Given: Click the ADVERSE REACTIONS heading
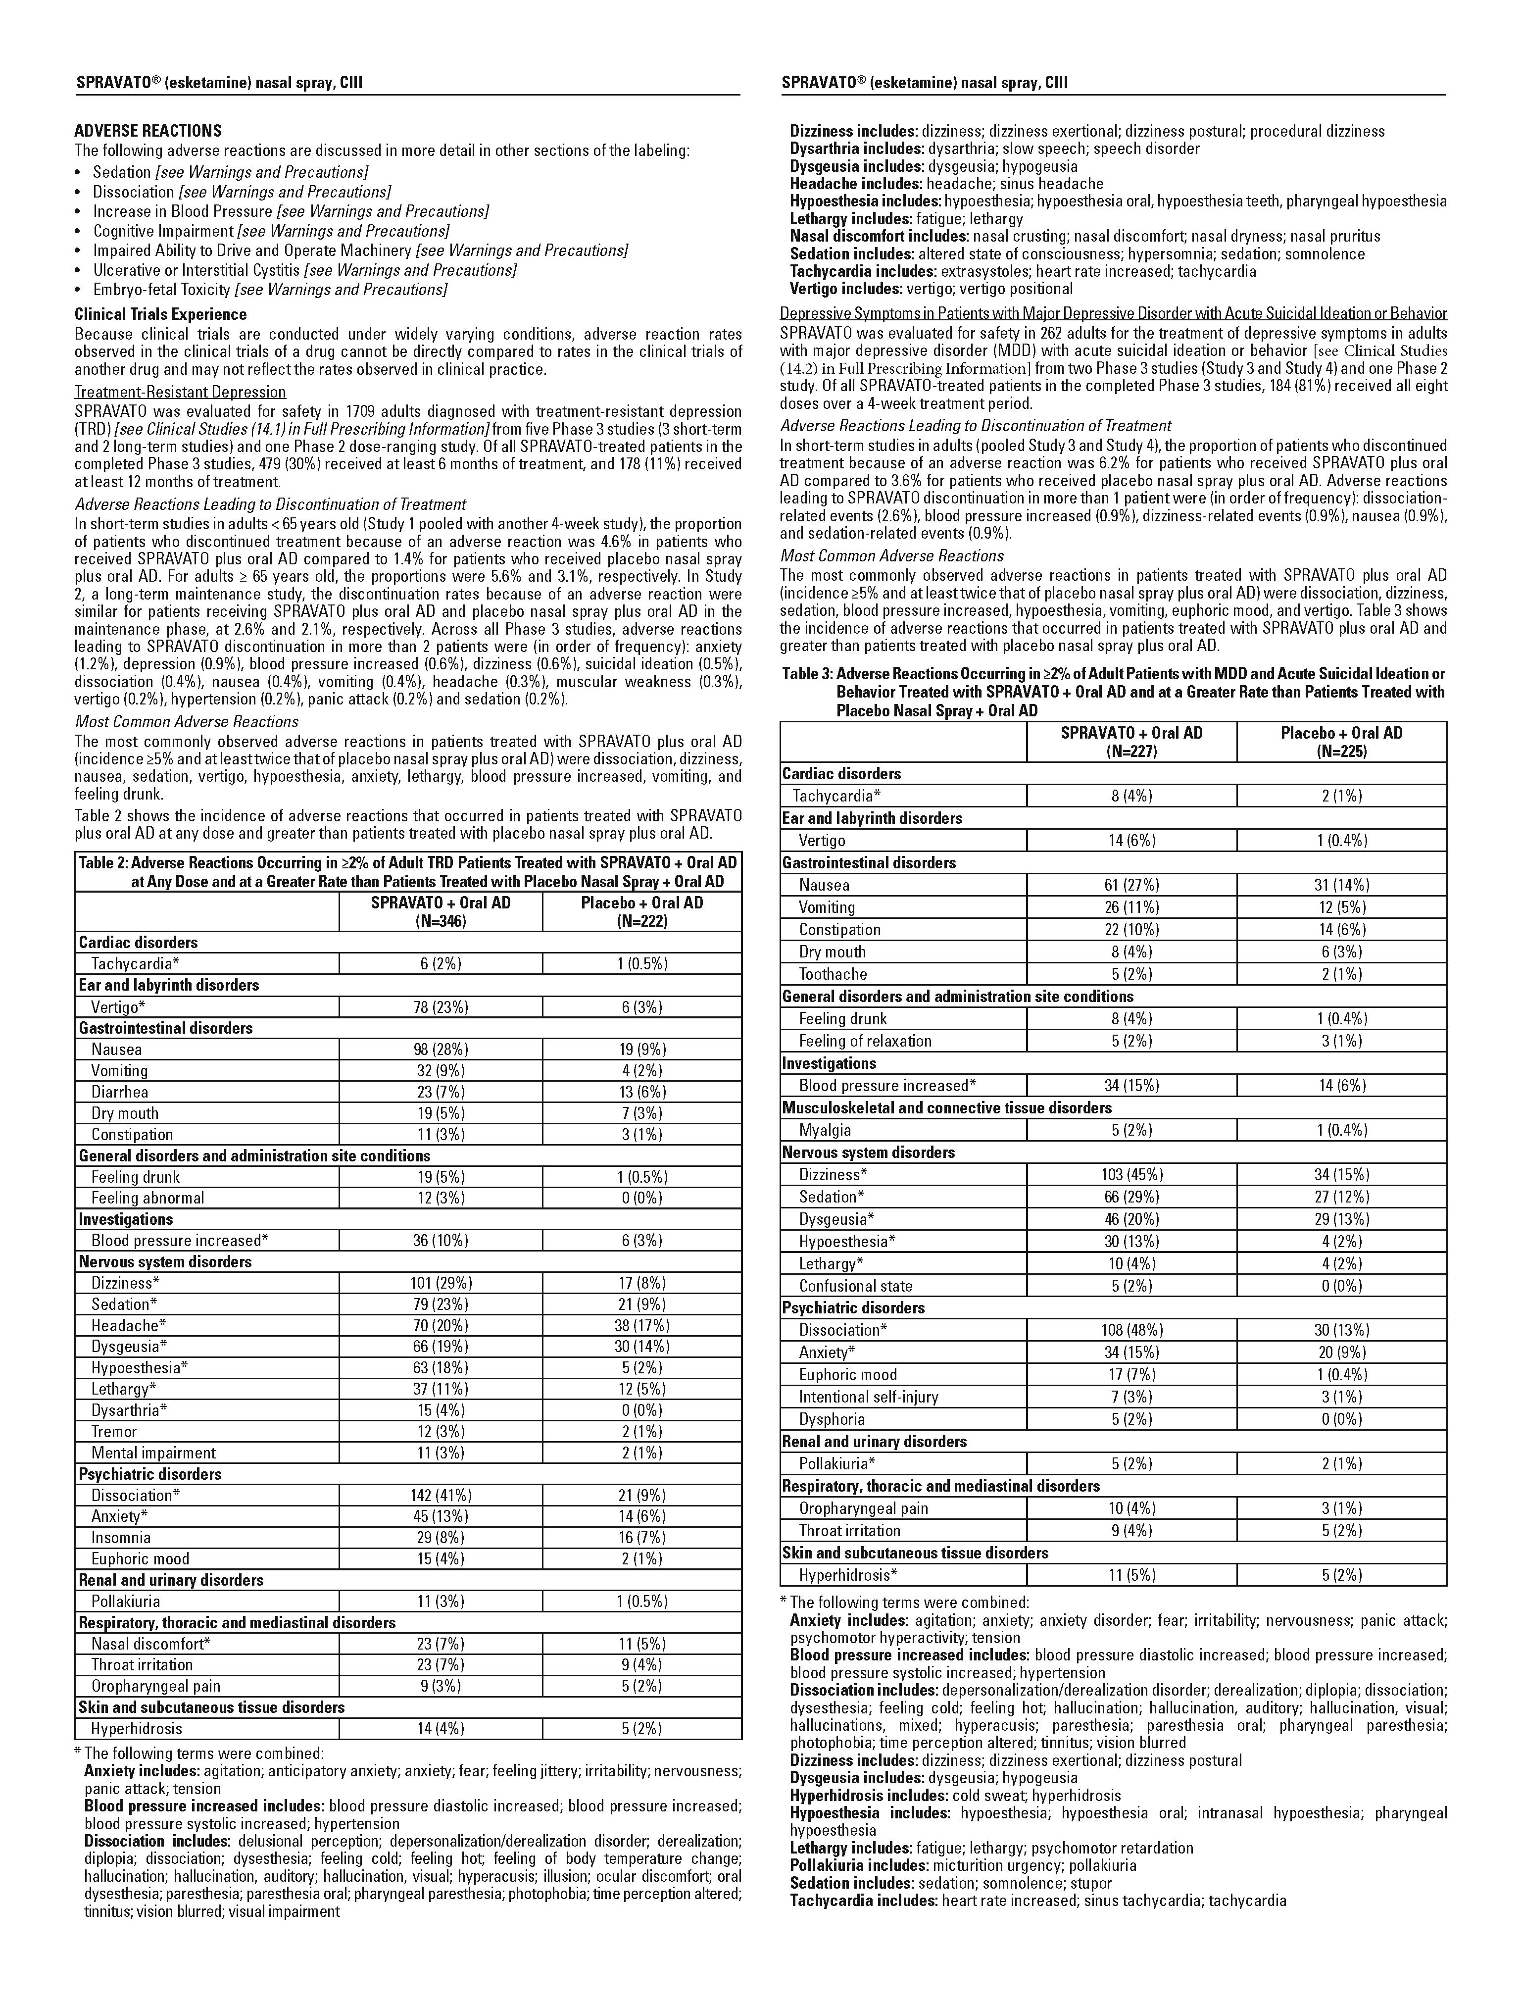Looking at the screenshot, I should [148, 131].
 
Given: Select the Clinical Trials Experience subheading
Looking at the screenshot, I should [160, 314].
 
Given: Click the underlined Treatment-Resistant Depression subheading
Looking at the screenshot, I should [180, 392].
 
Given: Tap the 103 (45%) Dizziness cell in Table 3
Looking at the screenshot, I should [1131, 1175].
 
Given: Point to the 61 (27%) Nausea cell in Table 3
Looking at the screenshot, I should [1131, 886].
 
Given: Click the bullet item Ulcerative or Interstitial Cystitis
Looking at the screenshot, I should [304, 270].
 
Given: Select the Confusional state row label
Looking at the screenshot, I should [856, 1286].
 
